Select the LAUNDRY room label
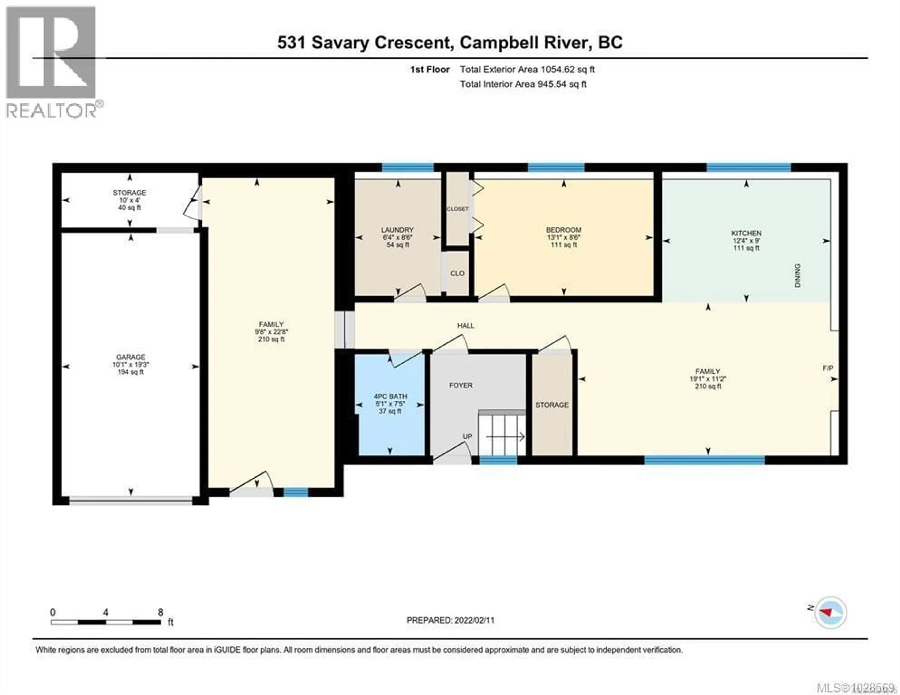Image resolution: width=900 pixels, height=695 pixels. (x=397, y=230)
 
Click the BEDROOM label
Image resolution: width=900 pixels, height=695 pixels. (x=564, y=230)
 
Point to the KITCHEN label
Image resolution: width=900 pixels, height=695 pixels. (x=746, y=233)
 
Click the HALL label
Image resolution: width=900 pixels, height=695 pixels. (x=466, y=325)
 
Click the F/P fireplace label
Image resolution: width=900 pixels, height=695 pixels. (x=828, y=368)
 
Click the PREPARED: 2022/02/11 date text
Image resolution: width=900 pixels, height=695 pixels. (x=450, y=620)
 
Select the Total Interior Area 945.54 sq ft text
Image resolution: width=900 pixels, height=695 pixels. (x=523, y=84)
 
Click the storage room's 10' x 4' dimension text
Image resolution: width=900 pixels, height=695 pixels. (x=129, y=200)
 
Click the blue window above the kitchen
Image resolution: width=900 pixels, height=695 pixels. (x=749, y=167)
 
